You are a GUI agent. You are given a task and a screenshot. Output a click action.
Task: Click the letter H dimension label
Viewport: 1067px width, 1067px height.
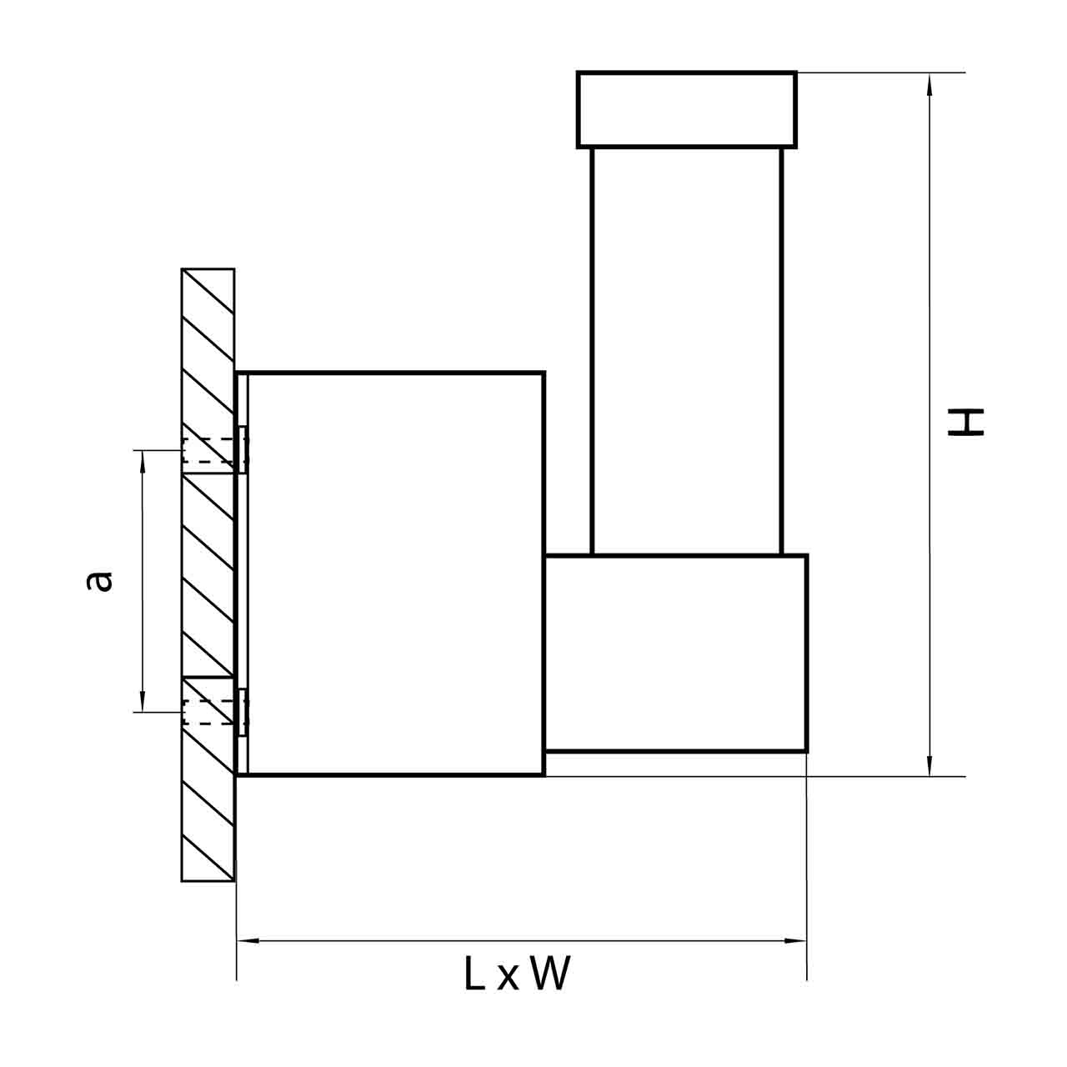click(x=965, y=423)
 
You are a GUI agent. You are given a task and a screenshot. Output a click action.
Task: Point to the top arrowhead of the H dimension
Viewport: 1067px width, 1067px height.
click(x=929, y=84)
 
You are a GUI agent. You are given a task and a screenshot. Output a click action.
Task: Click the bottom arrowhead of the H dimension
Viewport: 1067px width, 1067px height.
click(x=929, y=764)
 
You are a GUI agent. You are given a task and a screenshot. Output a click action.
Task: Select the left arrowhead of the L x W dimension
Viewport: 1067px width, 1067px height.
click(x=248, y=941)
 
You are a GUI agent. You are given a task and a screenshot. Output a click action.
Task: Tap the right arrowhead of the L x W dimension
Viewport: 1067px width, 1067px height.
click(x=795, y=941)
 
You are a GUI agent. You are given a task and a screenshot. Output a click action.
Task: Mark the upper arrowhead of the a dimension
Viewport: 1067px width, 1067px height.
click(x=143, y=462)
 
